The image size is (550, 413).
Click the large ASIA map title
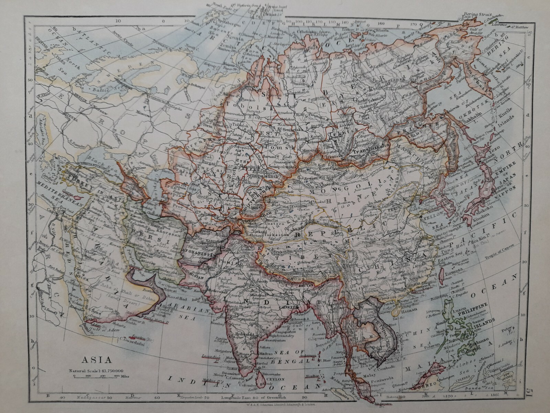96,360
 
